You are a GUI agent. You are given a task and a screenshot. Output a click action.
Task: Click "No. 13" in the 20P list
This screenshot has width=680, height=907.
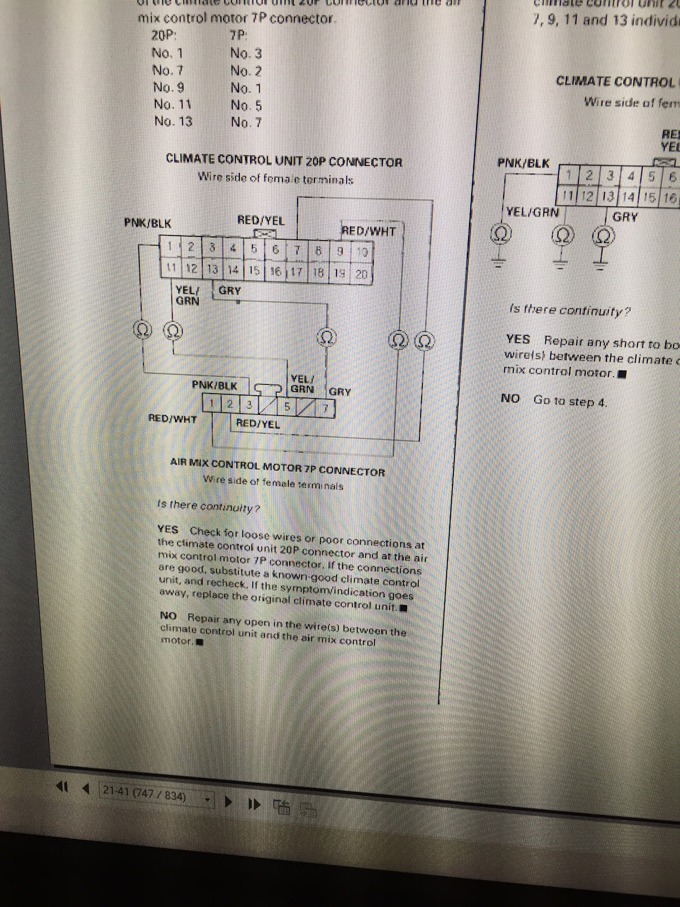coord(173,121)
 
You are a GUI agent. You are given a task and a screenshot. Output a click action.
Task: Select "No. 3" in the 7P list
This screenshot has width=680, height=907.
coord(246,53)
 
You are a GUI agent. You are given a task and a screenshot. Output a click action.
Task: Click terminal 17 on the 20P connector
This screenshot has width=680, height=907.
coord(297,271)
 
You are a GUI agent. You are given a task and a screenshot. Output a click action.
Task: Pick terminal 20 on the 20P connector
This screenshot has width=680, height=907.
coord(361,274)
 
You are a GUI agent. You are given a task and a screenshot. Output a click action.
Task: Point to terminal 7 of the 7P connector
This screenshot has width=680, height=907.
coord(325,408)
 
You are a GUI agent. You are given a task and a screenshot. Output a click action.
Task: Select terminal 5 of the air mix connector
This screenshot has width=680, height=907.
coord(287,407)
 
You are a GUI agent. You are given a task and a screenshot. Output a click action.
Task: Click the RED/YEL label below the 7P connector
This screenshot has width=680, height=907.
coord(258,424)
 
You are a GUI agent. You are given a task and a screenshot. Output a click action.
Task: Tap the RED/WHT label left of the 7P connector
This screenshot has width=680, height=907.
coord(173,419)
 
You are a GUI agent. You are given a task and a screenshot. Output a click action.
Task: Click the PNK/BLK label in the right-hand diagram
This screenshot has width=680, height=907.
coord(523,164)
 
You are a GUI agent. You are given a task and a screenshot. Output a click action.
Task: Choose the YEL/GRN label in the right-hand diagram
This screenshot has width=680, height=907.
coord(532,212)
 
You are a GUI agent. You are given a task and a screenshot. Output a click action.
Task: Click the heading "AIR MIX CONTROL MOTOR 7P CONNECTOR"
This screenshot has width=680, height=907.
coord(278,471)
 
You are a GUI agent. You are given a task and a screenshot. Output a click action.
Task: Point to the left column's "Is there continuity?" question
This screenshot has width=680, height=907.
coord(208,507)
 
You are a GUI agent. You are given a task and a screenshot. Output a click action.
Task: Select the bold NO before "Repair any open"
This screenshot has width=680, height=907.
coord(169,616)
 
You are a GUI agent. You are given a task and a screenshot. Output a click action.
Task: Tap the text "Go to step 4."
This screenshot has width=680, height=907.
coord(570,401)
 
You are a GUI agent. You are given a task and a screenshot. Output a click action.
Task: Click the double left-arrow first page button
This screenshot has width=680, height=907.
coord(62,787)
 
